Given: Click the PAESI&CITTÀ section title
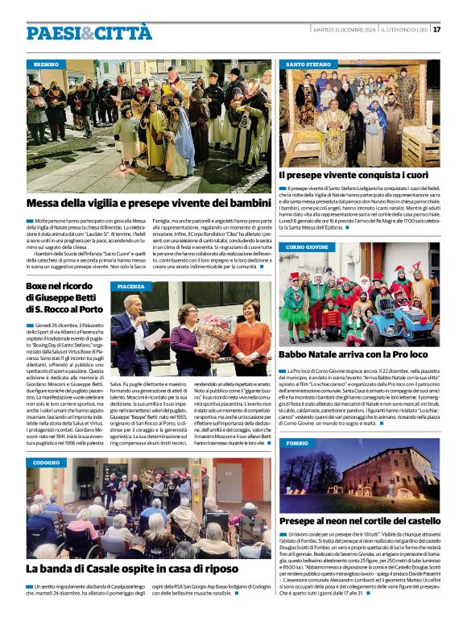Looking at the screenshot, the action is (x=89, y=32).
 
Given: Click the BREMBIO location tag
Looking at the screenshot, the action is (x=47, y=64).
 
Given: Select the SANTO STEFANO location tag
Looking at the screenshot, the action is (x=308, y=64).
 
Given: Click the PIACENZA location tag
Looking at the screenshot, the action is (x=131, y=286).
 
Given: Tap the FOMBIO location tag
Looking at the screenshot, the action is (x=297, y=443).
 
